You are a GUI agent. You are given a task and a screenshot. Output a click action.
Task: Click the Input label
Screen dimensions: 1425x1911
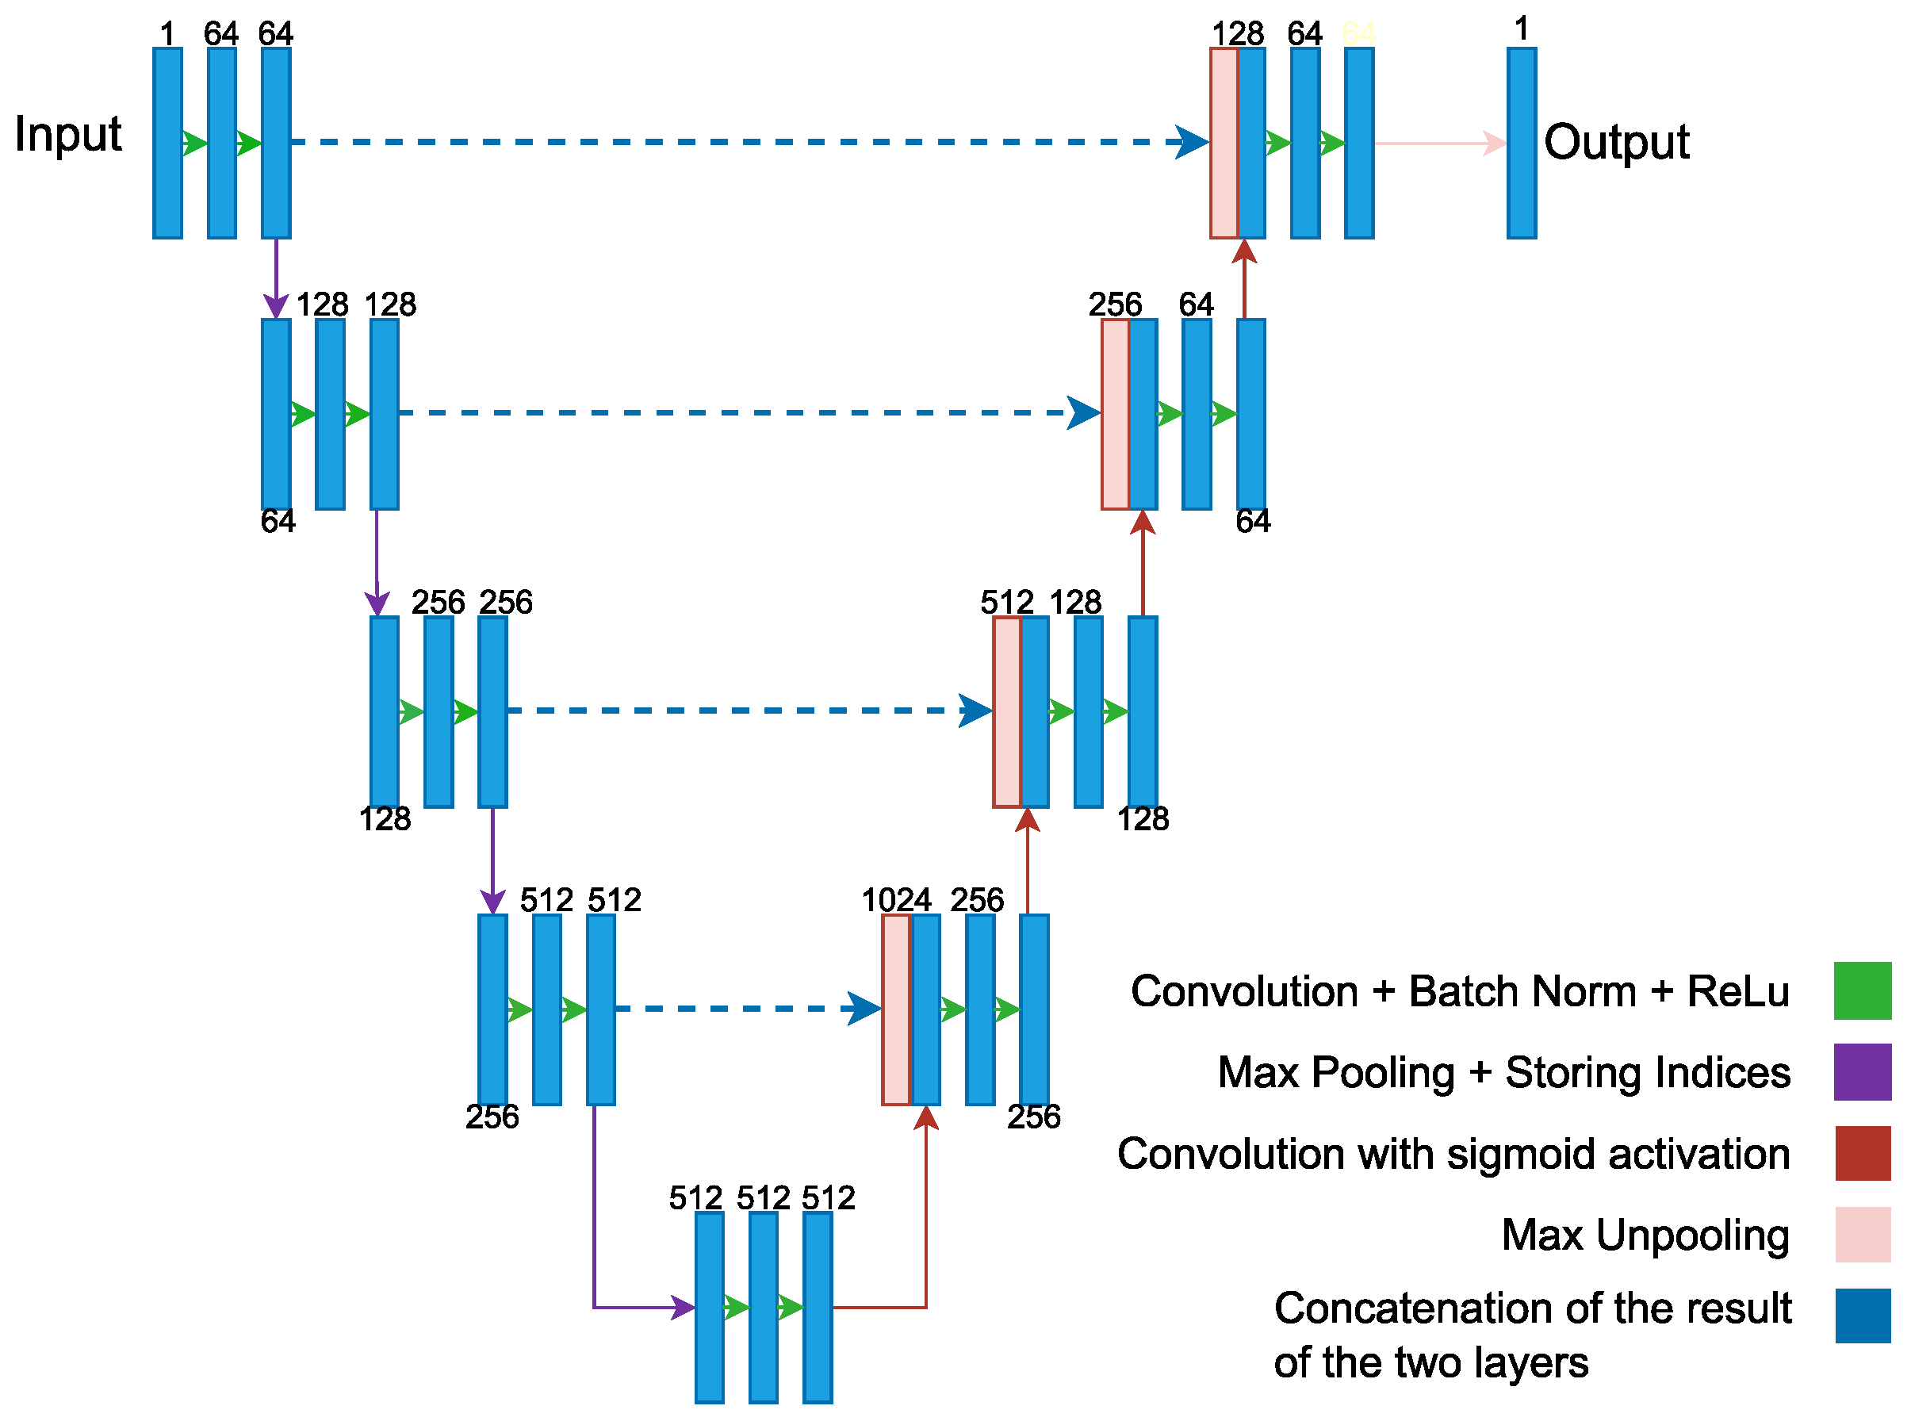67,135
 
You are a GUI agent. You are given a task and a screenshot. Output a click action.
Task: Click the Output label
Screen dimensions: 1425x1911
1616,141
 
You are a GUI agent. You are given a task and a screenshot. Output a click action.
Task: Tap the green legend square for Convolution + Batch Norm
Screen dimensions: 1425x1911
1862,990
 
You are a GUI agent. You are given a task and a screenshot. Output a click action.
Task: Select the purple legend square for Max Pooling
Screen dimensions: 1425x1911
1862,1071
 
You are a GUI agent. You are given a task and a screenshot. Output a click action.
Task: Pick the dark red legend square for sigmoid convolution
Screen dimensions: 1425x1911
1862,1152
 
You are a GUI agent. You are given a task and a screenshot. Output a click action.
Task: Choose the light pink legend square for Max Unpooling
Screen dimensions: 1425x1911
1862,1234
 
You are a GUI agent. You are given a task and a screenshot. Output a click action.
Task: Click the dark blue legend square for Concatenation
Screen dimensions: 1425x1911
1862,1315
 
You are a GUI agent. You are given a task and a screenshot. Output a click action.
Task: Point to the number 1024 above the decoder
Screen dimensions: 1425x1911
896,900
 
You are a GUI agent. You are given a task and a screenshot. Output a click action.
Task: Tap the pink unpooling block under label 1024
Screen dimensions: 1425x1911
895,1009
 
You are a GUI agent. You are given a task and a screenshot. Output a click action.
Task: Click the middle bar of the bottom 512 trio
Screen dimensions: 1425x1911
763,1307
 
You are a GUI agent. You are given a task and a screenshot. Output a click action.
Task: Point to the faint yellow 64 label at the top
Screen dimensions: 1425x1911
1358,33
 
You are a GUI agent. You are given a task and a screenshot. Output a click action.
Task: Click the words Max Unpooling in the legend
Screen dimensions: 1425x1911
1645,1235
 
